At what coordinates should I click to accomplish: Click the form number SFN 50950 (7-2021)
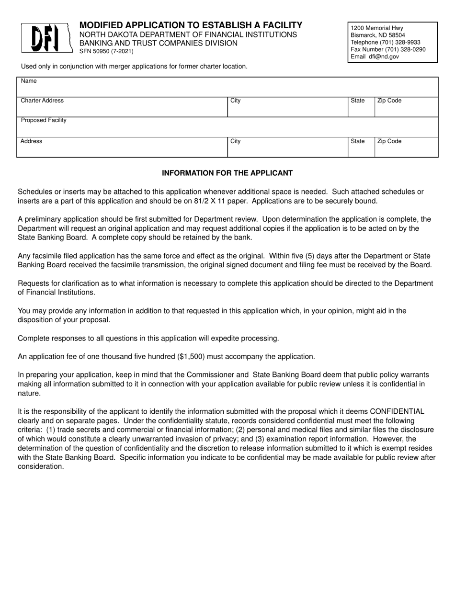[106, 51]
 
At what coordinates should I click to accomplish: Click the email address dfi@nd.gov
[381, 57]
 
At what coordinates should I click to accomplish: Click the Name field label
[29, 81]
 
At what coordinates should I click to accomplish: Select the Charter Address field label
[42, 101]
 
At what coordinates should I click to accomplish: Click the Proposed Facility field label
[44, 120]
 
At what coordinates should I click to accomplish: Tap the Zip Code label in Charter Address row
[389, 101]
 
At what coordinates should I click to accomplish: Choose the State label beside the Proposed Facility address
[357, 141]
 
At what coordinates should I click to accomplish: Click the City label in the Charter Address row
[235, 101]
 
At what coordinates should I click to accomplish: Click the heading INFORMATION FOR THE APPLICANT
[227, 173]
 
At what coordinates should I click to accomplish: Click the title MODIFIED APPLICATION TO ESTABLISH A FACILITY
[191, 25]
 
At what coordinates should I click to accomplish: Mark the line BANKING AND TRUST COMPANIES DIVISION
[158, 43]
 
